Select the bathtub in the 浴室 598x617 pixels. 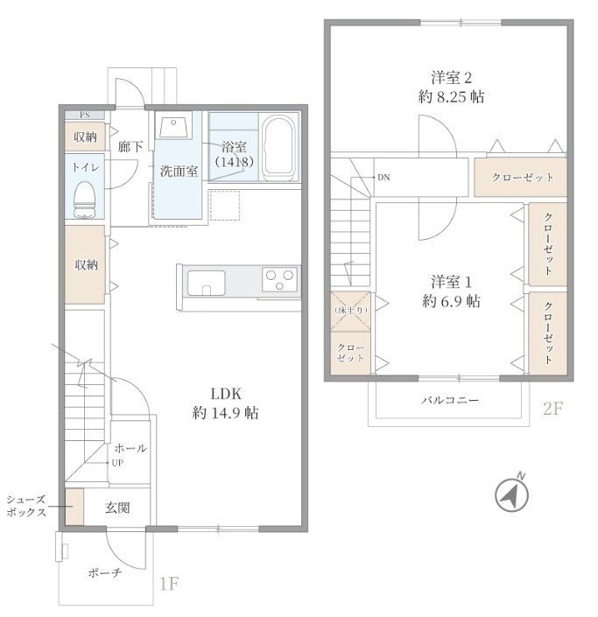pos(279,145)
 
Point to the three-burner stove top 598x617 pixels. pos(281,281)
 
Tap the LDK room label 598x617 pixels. pos(224,392)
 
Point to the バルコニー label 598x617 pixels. pos(450,400)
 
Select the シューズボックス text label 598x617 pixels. pos(25,506)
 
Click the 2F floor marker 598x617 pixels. pos(552,409)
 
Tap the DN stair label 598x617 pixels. pos(383,177)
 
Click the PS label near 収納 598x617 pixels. pos(84,115)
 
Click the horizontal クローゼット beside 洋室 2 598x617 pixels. pos(523,178)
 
